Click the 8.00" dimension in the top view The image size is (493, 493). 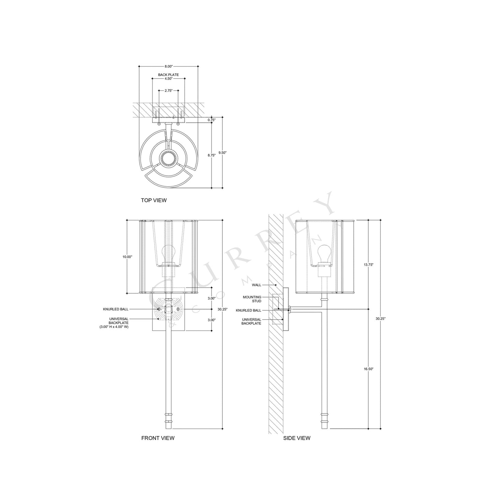click(168, 66)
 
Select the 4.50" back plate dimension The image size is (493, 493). click(168, 78)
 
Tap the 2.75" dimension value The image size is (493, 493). click(168, 91)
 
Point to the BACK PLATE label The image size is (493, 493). click(168, 74)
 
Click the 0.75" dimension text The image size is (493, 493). click(211, 120)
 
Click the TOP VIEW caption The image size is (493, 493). click(154, 200)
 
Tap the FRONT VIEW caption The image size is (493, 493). click(158, 438)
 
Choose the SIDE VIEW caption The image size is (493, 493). click(296, 438)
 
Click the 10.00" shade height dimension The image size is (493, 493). click(127, 257)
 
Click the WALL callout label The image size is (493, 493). click(257, 285)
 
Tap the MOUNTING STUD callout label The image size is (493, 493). click(252, 299)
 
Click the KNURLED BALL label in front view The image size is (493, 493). click(116, 309)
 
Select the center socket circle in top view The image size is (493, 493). click(168, 158)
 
